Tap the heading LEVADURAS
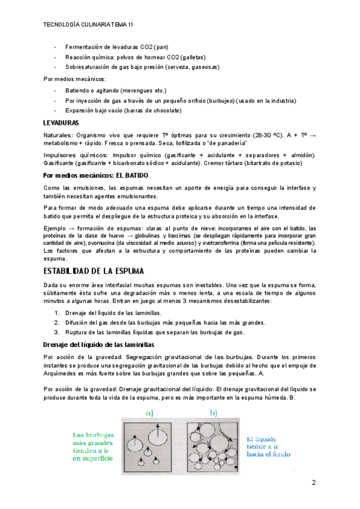tap(63, 123)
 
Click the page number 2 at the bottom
tap(313, 483)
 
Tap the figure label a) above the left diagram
tap(150, 413)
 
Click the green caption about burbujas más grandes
tap(94, 447)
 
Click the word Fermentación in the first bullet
tap(83, 47)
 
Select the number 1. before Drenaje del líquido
tap(57, 313)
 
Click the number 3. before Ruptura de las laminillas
tap(57, 333)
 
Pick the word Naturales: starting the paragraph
tap(58, 136)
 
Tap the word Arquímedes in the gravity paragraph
tap(62, 373)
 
